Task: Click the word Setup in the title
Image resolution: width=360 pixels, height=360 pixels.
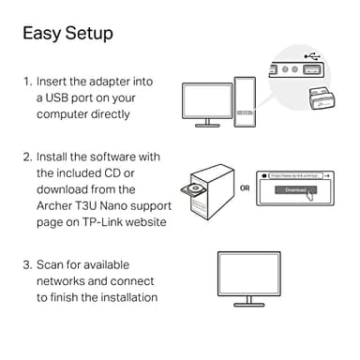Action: [89, 34]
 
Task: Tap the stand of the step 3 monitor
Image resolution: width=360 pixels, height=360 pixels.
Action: [247, 299]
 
